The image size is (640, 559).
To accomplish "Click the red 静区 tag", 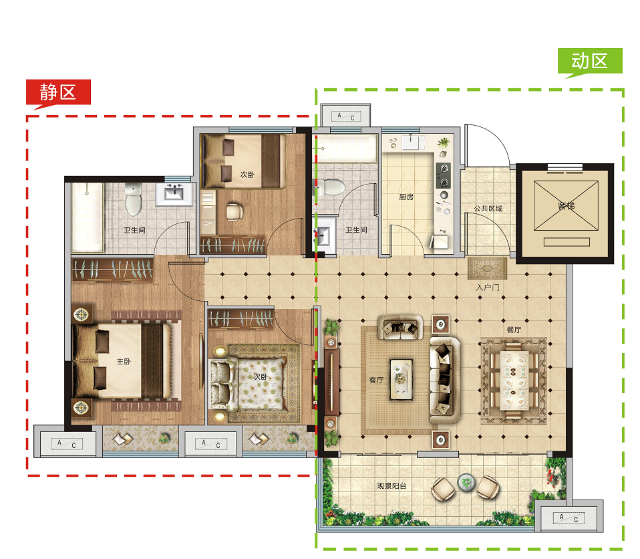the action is (x=58, y=92).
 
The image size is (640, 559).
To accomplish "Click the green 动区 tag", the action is (x=590, y=62).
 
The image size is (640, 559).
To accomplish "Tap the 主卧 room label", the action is (x=124, y=361).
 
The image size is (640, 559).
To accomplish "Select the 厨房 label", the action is (x=406, y=197).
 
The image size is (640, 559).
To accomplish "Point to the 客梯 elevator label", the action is (x=566, y=205).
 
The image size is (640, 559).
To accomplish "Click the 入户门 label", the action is (x=487, y=288).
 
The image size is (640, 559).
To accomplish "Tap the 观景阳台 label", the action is (x=392, y=486).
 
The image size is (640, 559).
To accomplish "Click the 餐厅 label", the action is (x=514, y=330).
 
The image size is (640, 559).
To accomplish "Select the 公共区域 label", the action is (x=488, y=209).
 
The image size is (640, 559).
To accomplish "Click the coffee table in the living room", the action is (x=401, y=380).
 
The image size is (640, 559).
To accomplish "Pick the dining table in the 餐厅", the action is (x=514, y=380).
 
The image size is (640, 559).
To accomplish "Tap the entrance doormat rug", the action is (x=487, y=269).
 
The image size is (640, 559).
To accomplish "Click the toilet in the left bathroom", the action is (x=134, y=199).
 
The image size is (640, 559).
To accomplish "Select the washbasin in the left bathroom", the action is (x=174, y=194).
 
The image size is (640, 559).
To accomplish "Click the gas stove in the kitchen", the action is (x=444, y=175).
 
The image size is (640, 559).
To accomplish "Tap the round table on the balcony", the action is (x=466, y=482).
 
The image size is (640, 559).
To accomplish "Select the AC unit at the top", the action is (x=345, y=116).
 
